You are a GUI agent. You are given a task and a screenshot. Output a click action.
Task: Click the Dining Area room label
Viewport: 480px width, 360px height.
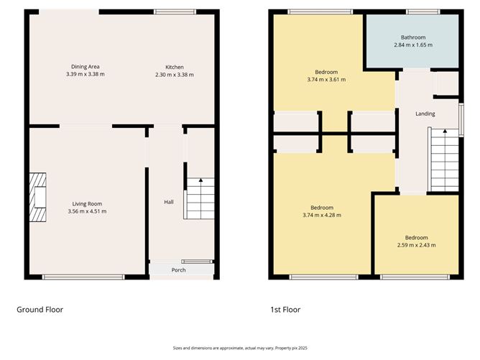click(x=85, y=66)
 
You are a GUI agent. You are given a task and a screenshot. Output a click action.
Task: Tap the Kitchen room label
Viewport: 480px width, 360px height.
click(x=175, y=66)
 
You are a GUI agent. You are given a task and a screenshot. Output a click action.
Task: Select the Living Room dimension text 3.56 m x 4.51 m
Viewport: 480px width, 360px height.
click(x=86, y=211)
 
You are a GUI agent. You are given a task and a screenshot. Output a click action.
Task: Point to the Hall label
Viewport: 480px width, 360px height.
click(x=168, y=202)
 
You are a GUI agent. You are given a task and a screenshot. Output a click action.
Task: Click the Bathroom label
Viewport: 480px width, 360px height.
click(x=413, y=37)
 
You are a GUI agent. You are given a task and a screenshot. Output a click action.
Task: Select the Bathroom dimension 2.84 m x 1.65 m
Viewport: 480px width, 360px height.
click(x=413, y=45)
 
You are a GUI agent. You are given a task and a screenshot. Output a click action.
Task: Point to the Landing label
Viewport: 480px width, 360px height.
click(x=425, y=114)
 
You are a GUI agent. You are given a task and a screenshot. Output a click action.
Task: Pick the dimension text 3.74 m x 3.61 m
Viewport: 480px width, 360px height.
click(x=326, y=80)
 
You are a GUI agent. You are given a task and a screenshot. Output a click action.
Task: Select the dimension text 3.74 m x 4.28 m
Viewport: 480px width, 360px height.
click(x=321, y=215)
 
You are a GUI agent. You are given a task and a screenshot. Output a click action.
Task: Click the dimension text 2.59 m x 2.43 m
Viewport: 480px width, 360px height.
click(x=416, y=245)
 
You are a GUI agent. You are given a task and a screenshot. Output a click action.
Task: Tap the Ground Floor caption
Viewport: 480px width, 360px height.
click(x=40, y=310)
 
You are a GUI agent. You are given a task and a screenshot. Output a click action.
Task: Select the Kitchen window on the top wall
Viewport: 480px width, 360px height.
click(x=175, y=11)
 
